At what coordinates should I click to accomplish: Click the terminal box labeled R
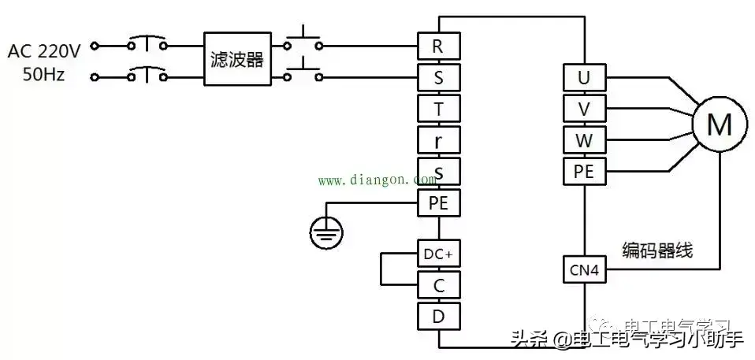coord(437,46)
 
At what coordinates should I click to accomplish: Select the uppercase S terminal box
coord(437,77)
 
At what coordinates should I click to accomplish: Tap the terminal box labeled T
coord(437,109)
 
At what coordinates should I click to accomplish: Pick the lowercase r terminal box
coord(437,140)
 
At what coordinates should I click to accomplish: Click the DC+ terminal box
coord(437,254)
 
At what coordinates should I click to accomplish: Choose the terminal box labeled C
coord(437,284)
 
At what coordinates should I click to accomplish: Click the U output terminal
coord(584,77)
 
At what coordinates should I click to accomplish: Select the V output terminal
coord(584,108)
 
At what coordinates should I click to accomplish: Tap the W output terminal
coord(584,139)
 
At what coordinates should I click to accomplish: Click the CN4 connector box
coord(584,271)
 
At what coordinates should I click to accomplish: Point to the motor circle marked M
coord(718,124)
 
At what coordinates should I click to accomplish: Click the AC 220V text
coord(44,52)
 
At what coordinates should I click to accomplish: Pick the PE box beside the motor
coord(584,170)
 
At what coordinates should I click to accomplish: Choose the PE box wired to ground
coord(437,203)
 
